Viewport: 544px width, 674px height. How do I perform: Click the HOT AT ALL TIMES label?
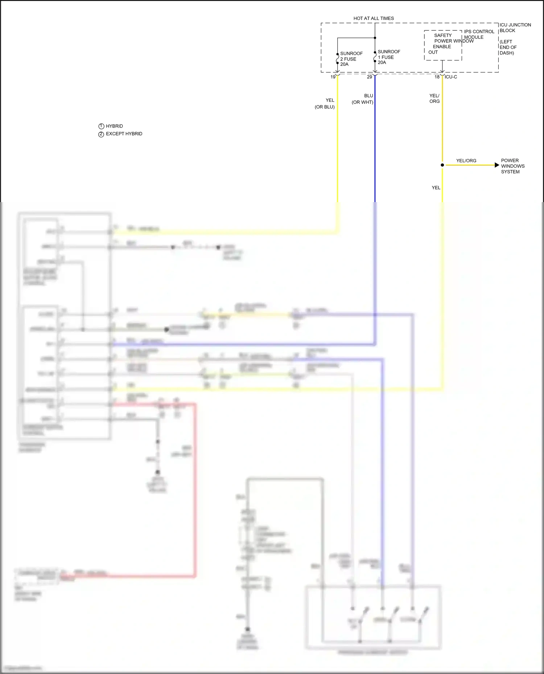click(x=374, y=18)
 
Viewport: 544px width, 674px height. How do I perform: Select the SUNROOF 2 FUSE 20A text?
click(x=351, y=59)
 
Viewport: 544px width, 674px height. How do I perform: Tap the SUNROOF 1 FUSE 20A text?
click(x=388, y=57)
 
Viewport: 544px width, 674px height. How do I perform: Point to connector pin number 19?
click(x=333, y=77)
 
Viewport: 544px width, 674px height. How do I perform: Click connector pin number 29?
click(x=369, y=77)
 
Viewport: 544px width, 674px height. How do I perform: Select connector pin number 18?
click(x=437, y=77)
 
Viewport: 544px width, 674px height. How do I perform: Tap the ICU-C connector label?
click(x=451, y=77)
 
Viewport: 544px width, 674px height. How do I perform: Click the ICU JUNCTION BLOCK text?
click(x=515, y=28)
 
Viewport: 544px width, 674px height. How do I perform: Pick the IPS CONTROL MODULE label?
click(x=479, y=34)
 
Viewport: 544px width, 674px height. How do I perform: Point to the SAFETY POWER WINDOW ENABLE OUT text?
click(x=443, y=44)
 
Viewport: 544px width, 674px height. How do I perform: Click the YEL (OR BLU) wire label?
click(x=325, y=104)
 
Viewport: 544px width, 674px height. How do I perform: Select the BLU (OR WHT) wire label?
click(x=363, y=99)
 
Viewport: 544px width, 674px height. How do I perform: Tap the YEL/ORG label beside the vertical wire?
click(x=434, y=99)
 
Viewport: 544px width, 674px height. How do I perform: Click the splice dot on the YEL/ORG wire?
click(x=442, y=165)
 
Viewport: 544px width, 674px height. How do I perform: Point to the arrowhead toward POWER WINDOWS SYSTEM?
click(x=496, y=165)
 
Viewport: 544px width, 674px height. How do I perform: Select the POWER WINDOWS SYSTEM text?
click(x=512, y=166)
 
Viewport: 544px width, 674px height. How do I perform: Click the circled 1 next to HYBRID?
click(x=101, y=126)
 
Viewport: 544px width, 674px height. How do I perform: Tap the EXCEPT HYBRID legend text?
click(x=124, y=134)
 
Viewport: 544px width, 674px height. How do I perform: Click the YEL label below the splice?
click(x=436, y=188)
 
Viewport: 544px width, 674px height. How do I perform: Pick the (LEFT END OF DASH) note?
click(x=508, y=47)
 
